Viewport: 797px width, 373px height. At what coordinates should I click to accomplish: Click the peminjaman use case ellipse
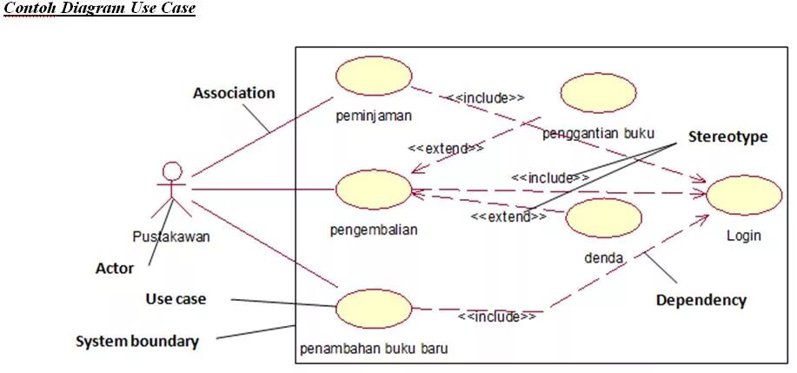[x=373, y=77]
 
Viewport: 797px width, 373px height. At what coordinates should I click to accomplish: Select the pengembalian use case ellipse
[x=373, y=189]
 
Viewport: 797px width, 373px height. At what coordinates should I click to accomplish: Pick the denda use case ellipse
[x=603, y=218]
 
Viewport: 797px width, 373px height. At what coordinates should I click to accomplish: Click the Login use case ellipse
[x=743, y=195]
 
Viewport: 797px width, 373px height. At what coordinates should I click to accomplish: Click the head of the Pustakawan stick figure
[x=173, y=171]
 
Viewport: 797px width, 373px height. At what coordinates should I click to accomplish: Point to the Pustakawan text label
[x=170, y=236]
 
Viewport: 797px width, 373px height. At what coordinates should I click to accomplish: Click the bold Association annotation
[x=234, y=93]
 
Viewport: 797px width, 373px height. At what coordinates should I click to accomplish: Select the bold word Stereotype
[x=727, y=137]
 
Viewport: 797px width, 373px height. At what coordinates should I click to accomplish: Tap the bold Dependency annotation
[x=701, y=300]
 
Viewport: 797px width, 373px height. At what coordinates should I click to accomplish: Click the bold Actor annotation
[x=114, y=269]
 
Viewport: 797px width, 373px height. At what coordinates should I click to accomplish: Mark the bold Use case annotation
[x=176, y=299]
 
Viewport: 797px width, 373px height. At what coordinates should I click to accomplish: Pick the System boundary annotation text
[x=136, y=341]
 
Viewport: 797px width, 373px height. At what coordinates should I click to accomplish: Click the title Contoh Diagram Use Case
[x=99, y=9]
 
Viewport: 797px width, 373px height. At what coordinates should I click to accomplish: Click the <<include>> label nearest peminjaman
[x=486, y=97]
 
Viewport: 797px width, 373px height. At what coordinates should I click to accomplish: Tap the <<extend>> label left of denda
[x=508, y=216]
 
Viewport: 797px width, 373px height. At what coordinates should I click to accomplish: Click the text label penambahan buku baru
[x=374, y=350]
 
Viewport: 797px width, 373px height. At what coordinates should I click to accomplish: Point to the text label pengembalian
[x=374, y=230]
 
